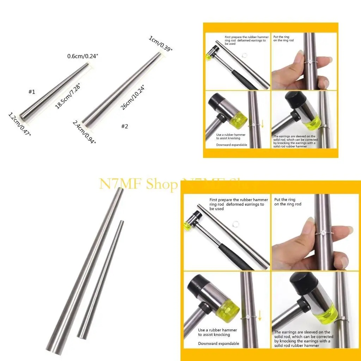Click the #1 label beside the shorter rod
32,92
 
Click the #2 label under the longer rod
124,126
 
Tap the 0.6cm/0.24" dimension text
82,56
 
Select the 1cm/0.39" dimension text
161,44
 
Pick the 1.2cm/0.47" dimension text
19,126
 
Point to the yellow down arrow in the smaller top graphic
262,124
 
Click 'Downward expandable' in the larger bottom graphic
219,344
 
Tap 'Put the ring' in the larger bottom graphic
285,200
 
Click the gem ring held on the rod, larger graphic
323,233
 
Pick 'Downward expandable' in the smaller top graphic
232,145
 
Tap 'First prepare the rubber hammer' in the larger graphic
239,200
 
